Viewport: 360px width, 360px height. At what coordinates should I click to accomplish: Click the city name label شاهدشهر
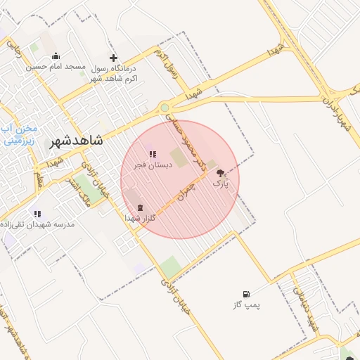point(77,140)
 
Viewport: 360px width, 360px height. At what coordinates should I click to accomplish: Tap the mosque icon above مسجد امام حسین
point(56,56)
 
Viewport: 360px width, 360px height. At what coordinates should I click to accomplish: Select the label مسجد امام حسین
point(56,67)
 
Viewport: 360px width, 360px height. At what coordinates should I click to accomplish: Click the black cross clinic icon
point(113,58)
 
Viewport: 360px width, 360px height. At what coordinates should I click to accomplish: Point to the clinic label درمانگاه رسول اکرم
point(112,72)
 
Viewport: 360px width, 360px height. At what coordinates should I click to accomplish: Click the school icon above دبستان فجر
point(152,154)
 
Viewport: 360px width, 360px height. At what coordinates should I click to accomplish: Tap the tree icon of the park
point(221,172)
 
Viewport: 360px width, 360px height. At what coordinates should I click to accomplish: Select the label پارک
point(221,184)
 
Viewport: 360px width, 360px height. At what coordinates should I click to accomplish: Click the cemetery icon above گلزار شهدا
point(139,207)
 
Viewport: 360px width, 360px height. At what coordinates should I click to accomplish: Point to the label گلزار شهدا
point(140,219)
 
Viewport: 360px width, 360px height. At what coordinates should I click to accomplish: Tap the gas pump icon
point(245,294)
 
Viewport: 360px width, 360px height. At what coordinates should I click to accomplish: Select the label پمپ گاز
point(247,306)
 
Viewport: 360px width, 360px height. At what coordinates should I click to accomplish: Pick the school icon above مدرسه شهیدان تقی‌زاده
point(37,214)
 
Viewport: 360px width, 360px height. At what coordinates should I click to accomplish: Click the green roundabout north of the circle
point(165,108)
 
